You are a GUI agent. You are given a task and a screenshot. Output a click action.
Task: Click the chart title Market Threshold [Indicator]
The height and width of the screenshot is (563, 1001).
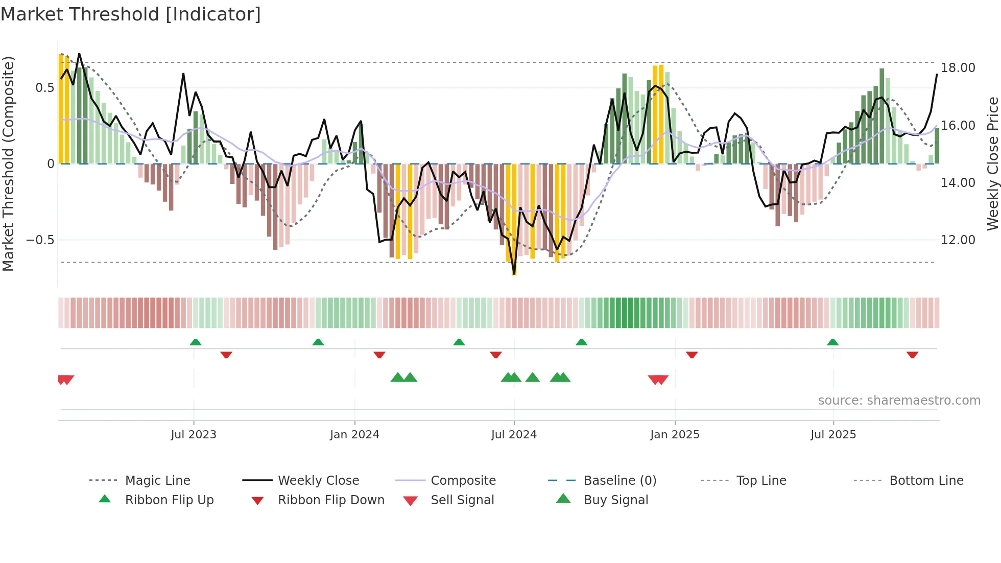pos(131,14)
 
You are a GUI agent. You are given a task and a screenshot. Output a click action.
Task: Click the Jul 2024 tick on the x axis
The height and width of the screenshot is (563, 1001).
pos(514,434)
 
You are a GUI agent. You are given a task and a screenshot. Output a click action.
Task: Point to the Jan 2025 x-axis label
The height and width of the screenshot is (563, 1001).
pos(675,434)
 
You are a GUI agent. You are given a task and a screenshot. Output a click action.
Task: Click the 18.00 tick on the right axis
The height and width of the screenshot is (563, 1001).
pos(958,68)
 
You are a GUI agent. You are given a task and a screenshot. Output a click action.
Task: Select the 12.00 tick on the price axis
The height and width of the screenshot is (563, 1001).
pos(958,240)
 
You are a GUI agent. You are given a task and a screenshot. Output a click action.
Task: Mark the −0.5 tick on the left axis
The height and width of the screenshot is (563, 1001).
pos(40,240)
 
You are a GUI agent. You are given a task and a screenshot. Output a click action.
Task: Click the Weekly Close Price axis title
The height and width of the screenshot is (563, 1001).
pos(992,163)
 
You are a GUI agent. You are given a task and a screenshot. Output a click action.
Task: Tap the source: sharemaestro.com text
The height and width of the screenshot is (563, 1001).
pos(899,400)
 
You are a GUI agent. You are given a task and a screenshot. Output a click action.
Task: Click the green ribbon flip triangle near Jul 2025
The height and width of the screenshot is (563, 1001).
pos(833,342)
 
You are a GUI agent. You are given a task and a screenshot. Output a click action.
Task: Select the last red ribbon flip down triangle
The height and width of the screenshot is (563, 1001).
pos(913,355)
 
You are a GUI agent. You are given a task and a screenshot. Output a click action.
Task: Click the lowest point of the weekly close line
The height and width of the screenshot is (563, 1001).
pos(514,274)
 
